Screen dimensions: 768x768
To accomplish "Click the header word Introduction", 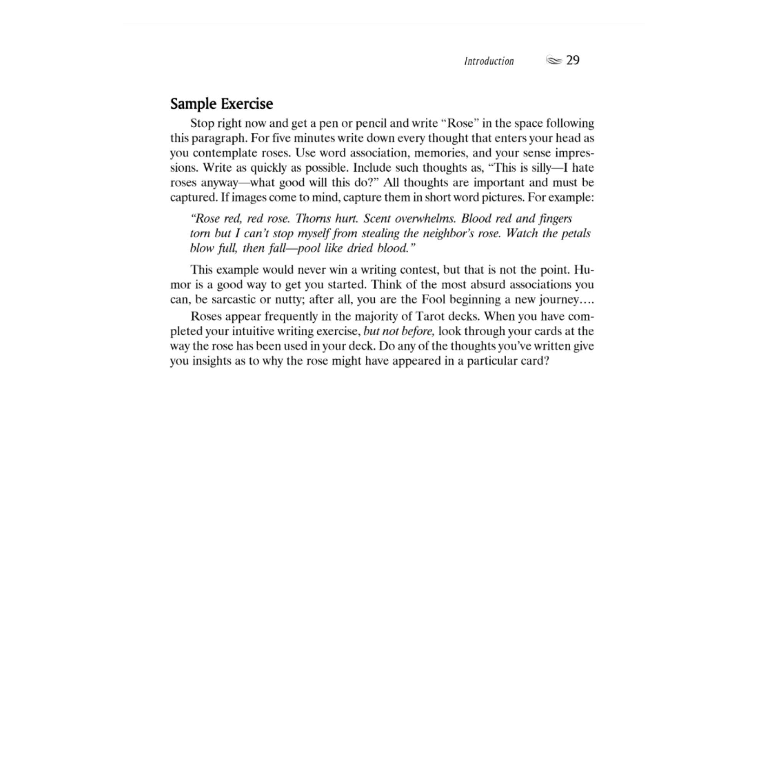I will coord(489,61).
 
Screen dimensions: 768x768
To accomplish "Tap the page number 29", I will coord(573,60).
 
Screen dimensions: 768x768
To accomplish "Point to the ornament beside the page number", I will coord(554,60).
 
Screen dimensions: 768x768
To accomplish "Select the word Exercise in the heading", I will coord(247,104).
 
